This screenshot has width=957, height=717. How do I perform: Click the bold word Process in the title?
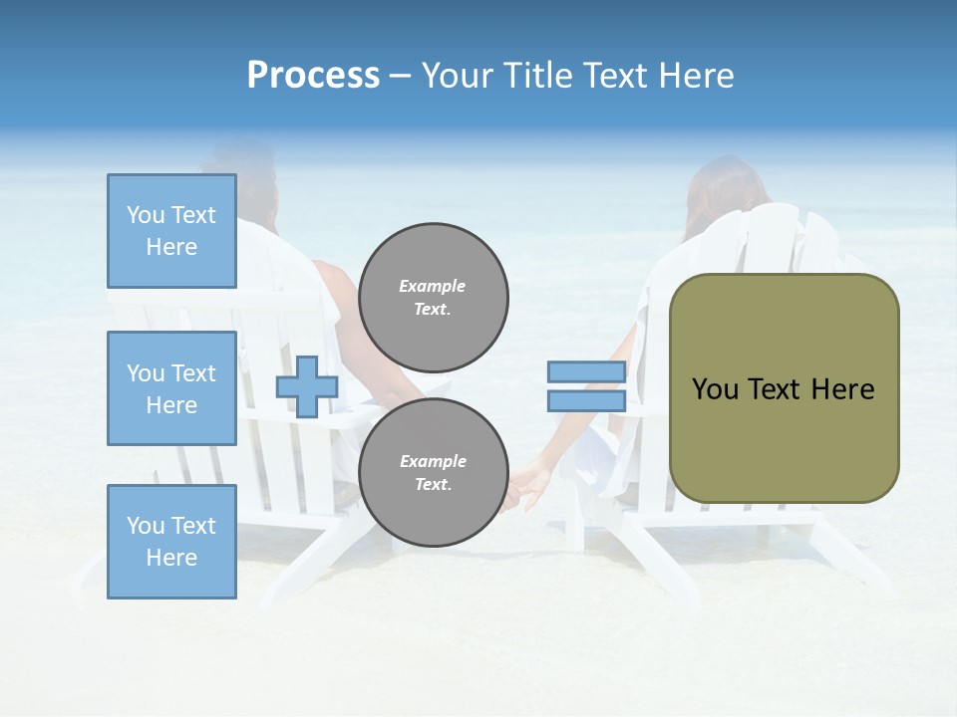click(x=313, y=76)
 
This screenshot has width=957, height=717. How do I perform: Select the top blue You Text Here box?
click(x=171, y=231)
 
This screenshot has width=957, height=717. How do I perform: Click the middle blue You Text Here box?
click(x=171, y=388)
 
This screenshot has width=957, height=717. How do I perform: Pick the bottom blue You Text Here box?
click(x=171, y=542)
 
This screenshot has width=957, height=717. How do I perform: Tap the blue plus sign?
click(x=307, y=386)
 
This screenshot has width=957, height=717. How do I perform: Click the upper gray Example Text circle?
click(x=433, y=298)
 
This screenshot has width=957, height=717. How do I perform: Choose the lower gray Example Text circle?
click(x=433, y=473)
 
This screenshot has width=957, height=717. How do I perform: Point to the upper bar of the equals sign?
click(x=586, y=372)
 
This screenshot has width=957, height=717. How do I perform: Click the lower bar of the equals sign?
click(x=586, y=400)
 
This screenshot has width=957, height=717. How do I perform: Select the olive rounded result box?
click(x=784, y=388)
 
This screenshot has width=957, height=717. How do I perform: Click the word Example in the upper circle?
click(x=433, y=286)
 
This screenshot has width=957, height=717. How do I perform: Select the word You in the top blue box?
click(x=146, y=215)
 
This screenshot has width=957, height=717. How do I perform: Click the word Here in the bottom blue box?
click(x=171, y=558)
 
